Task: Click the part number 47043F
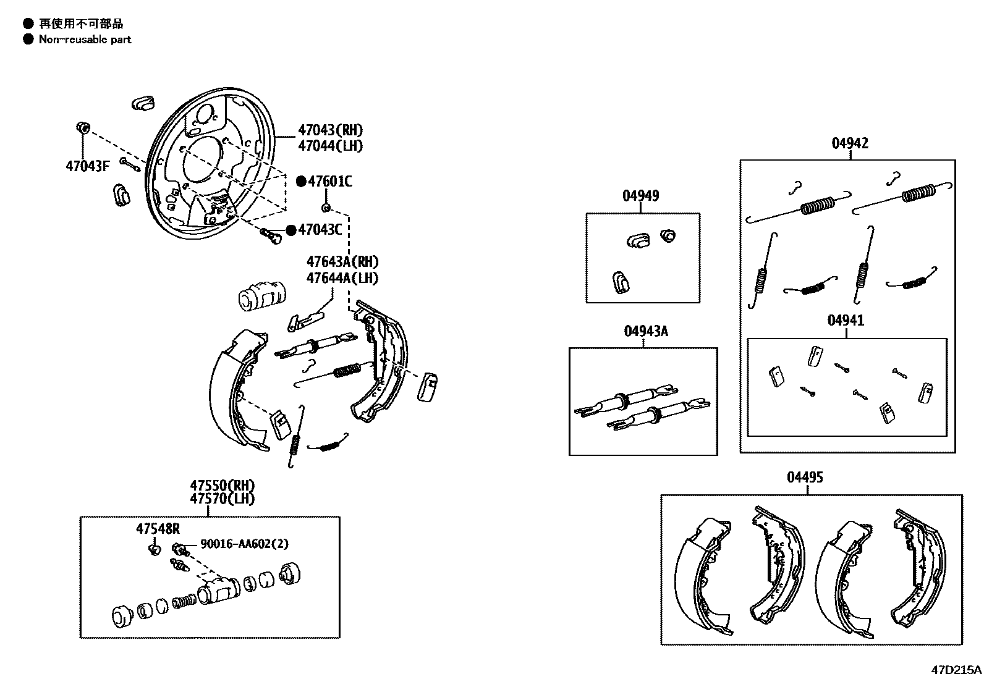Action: coord(88,166)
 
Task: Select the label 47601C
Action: coord(330,182)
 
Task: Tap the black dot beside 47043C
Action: coord(291,230)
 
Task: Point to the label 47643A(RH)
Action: coord(342,262)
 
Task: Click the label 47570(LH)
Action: coord(222,499)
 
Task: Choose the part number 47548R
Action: coord(158,528)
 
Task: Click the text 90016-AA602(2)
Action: coord(244,544)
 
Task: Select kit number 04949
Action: coord(640,196)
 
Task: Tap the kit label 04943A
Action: coord(645,331)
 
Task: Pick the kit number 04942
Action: coord(849,143)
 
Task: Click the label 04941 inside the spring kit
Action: coord(846,321)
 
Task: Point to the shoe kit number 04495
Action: coord(805,478)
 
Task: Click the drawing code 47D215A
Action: coord(957,670)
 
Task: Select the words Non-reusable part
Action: coord(85,40)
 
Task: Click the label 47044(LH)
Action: coord(330,146)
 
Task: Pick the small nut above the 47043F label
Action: coord(82,128)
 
